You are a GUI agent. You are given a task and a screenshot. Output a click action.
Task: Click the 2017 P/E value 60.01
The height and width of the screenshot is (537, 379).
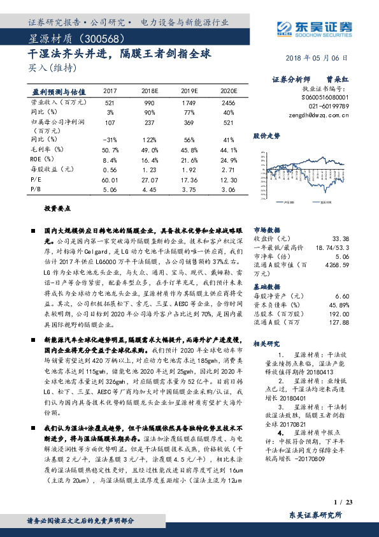110,180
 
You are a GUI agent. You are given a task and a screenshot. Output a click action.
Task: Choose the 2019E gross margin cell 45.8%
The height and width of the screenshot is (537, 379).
190,150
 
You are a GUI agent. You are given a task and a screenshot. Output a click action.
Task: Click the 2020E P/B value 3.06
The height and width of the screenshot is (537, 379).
228,189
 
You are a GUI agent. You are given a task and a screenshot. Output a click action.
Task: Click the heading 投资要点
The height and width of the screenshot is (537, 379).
57,209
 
